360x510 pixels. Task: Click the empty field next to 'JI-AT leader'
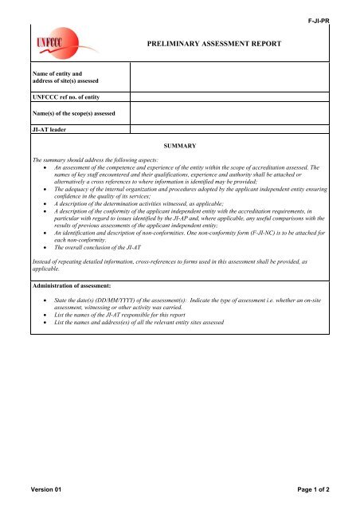229,128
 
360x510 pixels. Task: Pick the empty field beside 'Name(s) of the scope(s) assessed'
229,115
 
